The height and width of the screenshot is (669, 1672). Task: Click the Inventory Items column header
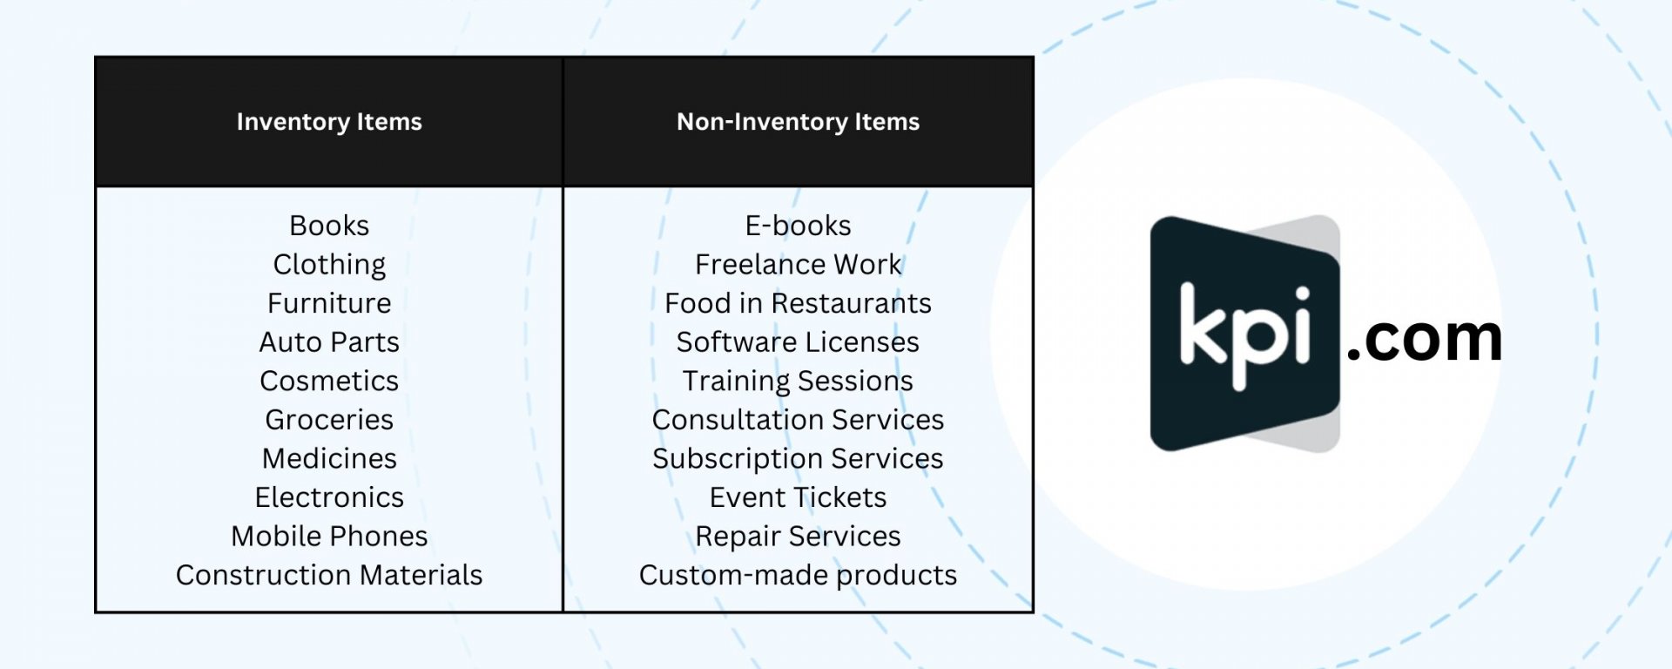(x=329, y=122)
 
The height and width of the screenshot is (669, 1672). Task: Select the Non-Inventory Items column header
(x=798, y=122)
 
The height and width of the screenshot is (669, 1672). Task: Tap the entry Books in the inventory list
(x=329, y=226)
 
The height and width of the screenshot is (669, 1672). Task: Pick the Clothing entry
(x=329, y=265)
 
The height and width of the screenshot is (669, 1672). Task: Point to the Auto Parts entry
(x=329, y=342)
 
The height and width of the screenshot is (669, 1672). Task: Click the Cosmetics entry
(x=329, y=381)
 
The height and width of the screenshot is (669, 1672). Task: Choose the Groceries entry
(x=329, y=420)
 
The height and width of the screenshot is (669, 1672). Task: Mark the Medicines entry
(x=329, y=458)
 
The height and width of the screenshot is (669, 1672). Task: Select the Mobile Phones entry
(x=329, y=536)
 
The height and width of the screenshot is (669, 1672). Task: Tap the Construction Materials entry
(x=329, y=575)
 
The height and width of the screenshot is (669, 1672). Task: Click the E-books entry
(x=798, y=226)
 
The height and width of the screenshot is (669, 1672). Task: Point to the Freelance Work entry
(x=798, y=264)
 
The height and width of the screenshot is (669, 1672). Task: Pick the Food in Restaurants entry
(x=798, y=303)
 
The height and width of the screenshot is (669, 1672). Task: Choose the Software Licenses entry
(x=798, y=342)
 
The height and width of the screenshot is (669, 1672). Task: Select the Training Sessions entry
(x=798, y=382)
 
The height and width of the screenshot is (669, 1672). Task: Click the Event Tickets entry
(x=798, y=497)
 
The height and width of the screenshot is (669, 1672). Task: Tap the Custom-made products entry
(x=798, y=576)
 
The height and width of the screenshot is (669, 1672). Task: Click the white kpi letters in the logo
(x=1245, y=334)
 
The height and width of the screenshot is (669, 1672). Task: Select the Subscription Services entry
(x=798, y=459)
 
